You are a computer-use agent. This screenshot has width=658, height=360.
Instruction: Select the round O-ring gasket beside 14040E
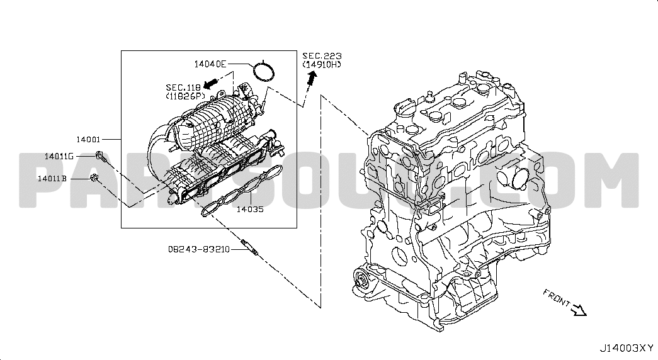(264, 70)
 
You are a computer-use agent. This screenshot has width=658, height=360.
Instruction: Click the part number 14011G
(59, 155)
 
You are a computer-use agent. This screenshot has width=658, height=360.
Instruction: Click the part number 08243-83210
(198, 249)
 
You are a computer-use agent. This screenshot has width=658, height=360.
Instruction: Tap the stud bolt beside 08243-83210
(249, 247)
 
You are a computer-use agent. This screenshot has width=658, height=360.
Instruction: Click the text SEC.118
(183, 87)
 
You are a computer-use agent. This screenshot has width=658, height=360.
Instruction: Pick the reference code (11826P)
(186, 96)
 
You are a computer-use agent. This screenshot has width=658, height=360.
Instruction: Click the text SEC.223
(321, 56)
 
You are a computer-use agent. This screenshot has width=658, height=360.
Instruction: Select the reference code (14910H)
(322, 64)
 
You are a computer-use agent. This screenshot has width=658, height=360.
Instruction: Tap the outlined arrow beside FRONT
(579, 310)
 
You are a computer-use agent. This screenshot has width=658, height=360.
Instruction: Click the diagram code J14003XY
(626, 347)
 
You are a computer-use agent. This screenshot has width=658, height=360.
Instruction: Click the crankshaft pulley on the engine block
(362, 279)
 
